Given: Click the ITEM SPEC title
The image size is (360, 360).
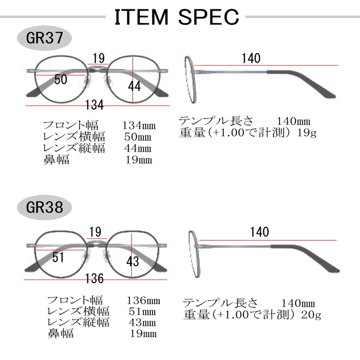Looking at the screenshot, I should pyautogui.click(x=176, y=18).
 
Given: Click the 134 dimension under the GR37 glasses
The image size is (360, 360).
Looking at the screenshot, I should pyautogui.click(x=95, y=105).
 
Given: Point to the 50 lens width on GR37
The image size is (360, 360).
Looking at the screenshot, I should pyautogui.click(x=60, y=80).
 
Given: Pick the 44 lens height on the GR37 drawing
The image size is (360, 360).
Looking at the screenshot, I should pyautogui.click(x=134, y=87).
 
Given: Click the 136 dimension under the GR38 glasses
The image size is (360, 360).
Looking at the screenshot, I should pyautogui.click(x=94, y=279).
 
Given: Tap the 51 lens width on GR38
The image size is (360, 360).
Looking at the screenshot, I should pyautogui.click(x=58, y=257).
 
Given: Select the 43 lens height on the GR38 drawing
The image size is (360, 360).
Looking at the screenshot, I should pyautogui.click(x=133, y=261).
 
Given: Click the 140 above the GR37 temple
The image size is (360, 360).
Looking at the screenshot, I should pyautogui.click(x=251, y=58).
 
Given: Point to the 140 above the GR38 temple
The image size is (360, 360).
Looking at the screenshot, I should pyautogui.click(x=259, y=232).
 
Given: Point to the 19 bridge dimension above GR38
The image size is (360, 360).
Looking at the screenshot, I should pyautogui.click(x=95, y=232).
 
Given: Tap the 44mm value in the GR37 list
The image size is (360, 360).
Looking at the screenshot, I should pyautogui.click(x=138, y=148).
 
